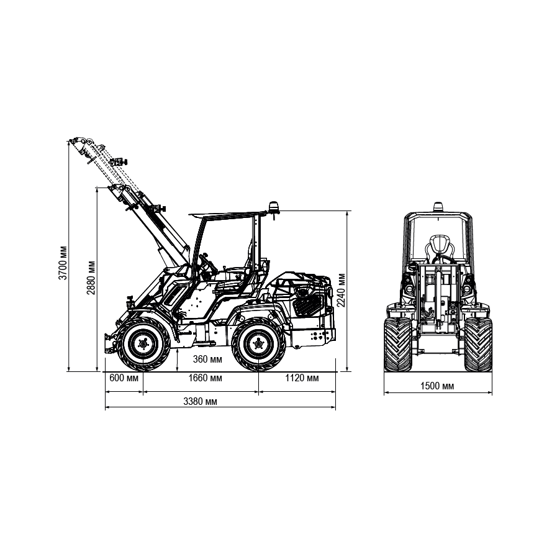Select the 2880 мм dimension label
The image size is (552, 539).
(x=91, y=278)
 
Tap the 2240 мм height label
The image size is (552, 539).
(x=341, y=291)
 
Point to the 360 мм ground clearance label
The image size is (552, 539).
(x=207, y=360)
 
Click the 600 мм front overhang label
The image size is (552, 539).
(x=124, y=378)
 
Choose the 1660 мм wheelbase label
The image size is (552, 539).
(x=205, y=378)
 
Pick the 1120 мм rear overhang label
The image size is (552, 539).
(x=302, y=378)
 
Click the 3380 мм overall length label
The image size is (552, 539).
(x=200, y=401)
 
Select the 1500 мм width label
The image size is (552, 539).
(x=437, y=386)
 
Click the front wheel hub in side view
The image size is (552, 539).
(x=143, y=343)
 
